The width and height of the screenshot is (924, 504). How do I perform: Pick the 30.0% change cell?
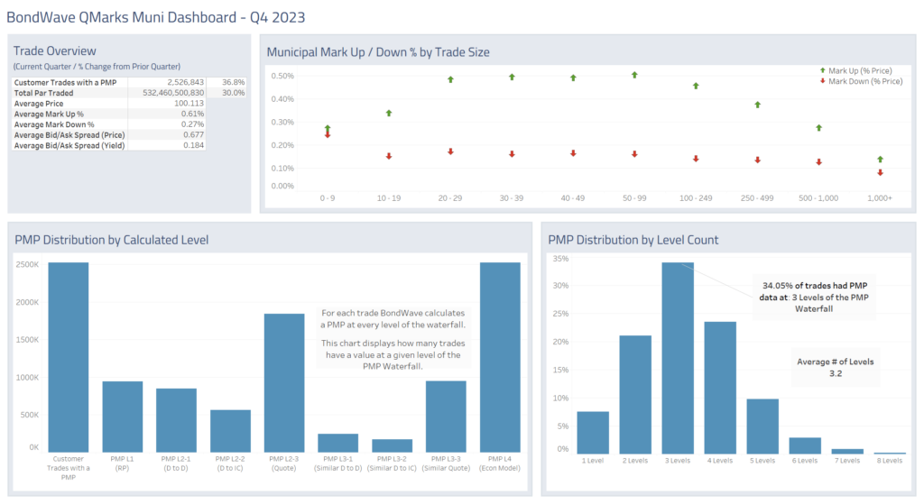click(234, 92)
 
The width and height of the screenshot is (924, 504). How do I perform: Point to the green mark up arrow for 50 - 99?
click(634, 76)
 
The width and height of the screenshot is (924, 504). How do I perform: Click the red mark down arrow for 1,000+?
click(880, 172)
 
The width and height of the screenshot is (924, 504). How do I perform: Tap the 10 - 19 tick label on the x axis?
click(389, 197)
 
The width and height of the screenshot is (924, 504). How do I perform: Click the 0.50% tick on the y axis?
click(282, 76)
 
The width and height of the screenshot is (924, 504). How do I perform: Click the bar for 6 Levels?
click(805, 445)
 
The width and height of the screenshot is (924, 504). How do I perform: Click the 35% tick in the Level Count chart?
click(561, 259)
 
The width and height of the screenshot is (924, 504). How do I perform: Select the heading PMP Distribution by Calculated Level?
click(112, 240)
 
